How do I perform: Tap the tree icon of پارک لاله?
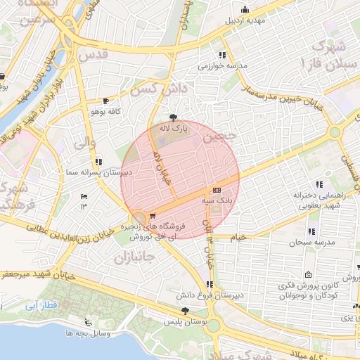174,117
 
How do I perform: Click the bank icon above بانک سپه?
217,190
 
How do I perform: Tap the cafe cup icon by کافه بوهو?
105,101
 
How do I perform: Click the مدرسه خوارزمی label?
222,65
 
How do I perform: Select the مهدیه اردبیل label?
245,20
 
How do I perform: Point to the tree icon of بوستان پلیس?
185,311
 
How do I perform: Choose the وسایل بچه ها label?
87,332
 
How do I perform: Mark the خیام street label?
240,238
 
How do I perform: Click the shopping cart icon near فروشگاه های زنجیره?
153,216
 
